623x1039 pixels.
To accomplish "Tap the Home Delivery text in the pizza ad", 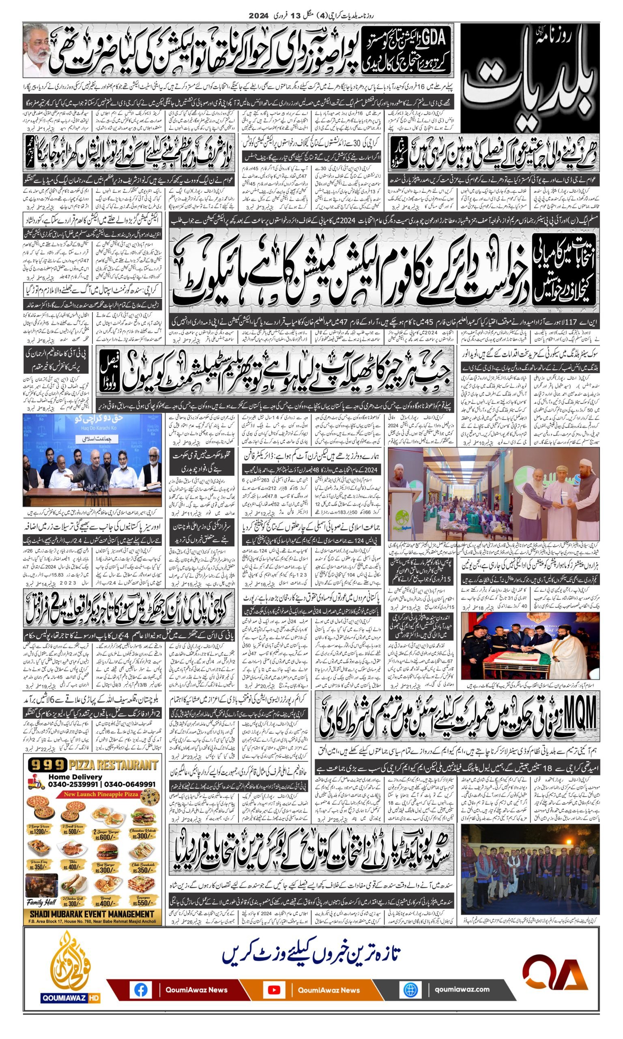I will (75, 777).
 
